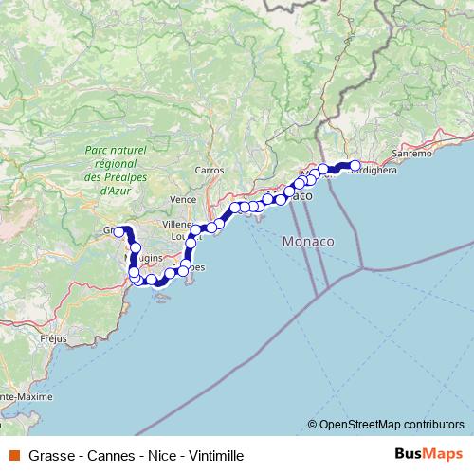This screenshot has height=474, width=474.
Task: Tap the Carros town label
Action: click(209, 171)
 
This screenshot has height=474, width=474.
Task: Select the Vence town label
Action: click(182, 200)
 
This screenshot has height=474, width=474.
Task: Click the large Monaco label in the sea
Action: click(308, 243)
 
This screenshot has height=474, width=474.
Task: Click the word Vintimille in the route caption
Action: click(214, 455)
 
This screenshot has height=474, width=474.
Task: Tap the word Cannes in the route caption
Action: click(108, 455)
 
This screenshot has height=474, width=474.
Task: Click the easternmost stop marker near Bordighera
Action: click(355, 166)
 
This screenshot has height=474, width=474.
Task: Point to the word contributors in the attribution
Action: click(432, 425)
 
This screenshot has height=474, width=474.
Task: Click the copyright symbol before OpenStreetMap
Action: click(312, 425)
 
